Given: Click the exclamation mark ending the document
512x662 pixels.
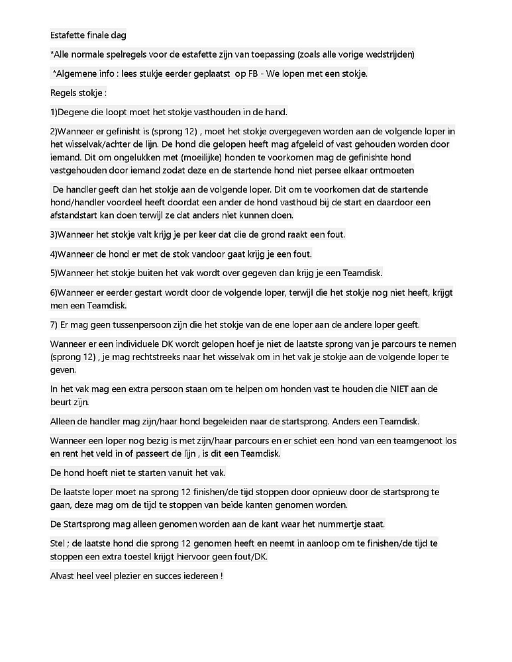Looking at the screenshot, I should (x=221, y=576).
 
